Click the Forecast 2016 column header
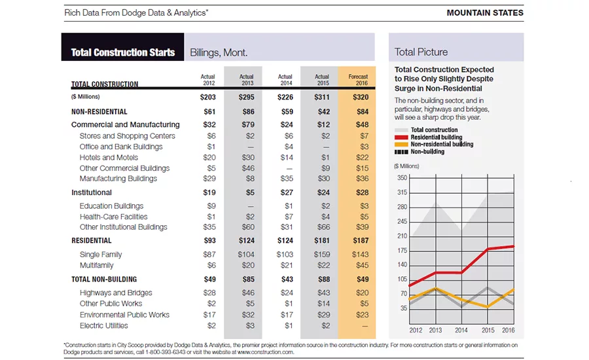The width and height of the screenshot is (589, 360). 358,80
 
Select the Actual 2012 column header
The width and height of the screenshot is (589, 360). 207,80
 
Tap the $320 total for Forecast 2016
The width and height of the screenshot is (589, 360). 361,97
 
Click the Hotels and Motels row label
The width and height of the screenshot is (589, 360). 109,158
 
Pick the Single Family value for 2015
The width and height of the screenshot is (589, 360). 322,255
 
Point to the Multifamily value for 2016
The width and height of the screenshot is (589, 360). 362,265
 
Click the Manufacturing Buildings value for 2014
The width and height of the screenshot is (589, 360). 287,179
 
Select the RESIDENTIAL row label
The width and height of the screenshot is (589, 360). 91,240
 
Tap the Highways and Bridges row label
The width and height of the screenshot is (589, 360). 116,293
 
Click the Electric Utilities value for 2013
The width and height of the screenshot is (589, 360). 250,325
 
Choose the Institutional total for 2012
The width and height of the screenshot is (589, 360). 209,192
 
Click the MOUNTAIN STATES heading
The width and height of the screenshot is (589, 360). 485,13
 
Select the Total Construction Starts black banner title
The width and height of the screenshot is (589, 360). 123,52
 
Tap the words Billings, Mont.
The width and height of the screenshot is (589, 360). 219,52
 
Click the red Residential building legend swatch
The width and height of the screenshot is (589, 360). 401,137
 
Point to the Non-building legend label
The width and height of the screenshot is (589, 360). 427,151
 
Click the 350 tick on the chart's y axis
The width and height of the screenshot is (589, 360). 402,178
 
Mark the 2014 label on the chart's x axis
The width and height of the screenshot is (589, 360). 461,330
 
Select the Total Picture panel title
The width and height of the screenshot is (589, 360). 421,52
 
